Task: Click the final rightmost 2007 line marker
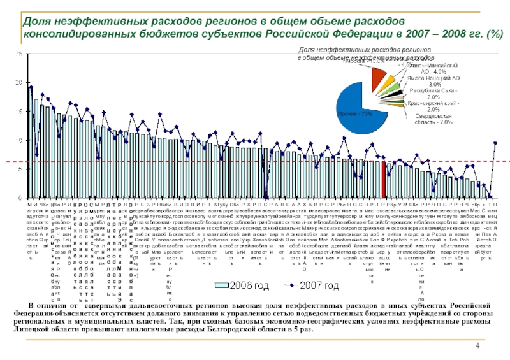coord(495,143)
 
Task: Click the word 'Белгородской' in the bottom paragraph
coord(239,330)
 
